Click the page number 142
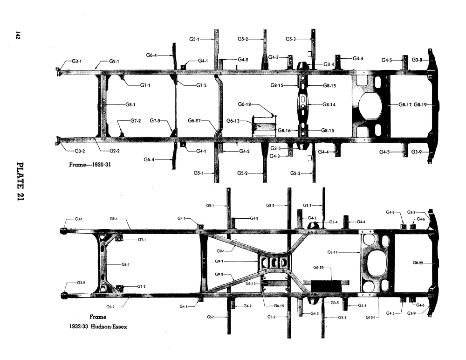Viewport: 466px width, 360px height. point(18,35)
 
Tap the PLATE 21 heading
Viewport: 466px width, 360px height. point(20,181)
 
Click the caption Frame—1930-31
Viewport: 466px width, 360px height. point(90,165)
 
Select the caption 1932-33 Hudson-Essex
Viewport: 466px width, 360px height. point(98,326)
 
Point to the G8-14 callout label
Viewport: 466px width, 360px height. point(329,104)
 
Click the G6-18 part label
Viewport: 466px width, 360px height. point(244,104)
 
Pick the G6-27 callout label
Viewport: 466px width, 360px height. point(194,120)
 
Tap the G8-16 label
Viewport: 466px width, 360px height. point(284,130)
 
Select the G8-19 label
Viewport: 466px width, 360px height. point(420,104)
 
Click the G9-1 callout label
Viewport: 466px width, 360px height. point(220,251)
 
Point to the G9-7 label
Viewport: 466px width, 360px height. point(219,261)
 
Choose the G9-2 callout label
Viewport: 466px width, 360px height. point(219,274)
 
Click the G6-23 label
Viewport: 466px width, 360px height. point(318,268)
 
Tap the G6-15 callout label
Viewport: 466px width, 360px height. point(279,305)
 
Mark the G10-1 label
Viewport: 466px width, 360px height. point(370,317)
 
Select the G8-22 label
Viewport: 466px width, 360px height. point(418,263)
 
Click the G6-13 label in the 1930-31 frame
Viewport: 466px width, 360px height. point(233,121)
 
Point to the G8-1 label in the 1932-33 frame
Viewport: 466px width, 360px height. point(125,264)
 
